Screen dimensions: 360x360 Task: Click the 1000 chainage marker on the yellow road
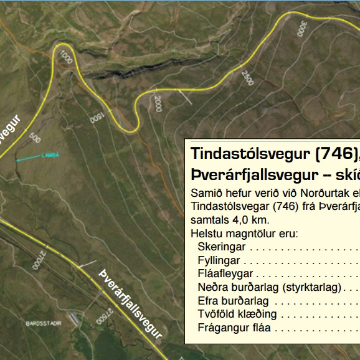(66, 58)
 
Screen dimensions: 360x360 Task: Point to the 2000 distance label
(158, 103)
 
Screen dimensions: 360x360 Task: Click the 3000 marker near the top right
(301, 29)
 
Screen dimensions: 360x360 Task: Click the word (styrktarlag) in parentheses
(311, 287)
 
